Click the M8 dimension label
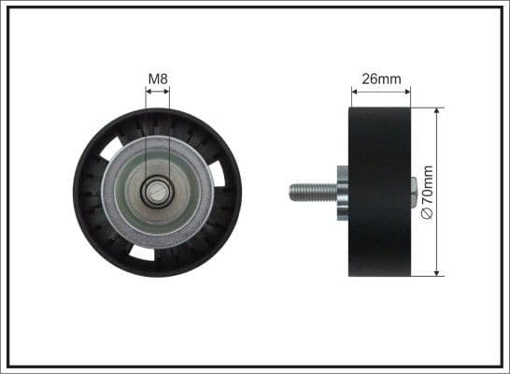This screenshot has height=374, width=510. pos(157,79)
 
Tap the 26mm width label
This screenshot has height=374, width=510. pos(380,79)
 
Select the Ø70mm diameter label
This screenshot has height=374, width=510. pos(428,192)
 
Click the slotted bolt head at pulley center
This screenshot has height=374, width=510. pos(157,194)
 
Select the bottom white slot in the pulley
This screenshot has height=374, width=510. pos(142,252)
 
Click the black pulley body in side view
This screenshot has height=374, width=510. pos(380,192)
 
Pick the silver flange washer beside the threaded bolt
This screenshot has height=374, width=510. pos(342,192)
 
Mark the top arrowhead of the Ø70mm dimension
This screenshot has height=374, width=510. pos(437,111)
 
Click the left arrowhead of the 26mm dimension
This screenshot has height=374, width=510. pos(354,91)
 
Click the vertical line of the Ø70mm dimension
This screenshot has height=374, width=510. pos(437,150)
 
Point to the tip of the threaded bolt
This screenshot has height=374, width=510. pos(291,192)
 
